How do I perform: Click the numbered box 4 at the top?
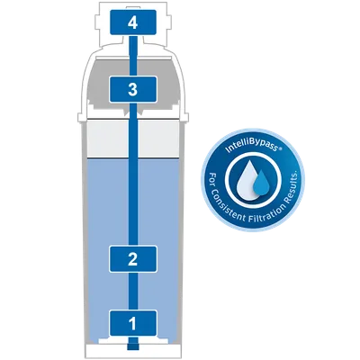tap(133, 22)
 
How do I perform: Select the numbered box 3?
tap(133, 89)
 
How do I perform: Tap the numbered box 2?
tap(133, 259)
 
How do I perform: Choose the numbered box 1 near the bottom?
tap(133, 323)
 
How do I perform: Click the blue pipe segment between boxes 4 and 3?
tap(133, 56)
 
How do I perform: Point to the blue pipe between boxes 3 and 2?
tap(133, 175)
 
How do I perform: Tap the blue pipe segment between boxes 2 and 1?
tap(133, 292)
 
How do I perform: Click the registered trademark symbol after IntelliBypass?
tap(280, 148)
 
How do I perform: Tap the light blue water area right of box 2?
tap(168, 258)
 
